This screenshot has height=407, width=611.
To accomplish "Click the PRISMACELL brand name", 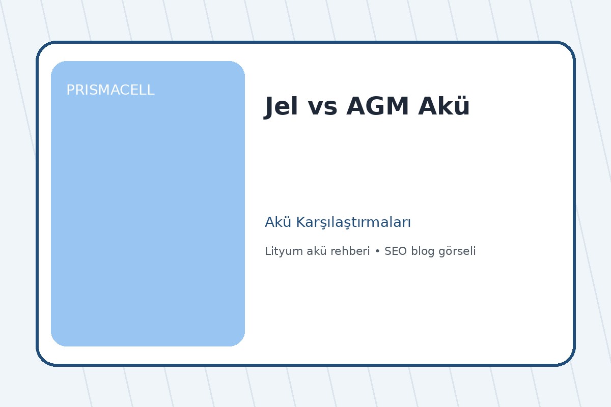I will click(110, 91).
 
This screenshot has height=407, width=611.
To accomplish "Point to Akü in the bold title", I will click(444, 107).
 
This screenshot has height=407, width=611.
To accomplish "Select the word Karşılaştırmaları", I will click(354, 223).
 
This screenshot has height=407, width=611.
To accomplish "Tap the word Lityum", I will click(282, 251).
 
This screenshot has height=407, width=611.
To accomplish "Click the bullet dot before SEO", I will click(377, 252).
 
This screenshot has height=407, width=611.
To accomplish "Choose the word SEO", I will click(395, 251).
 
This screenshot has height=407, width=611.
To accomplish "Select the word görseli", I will click(458, 252).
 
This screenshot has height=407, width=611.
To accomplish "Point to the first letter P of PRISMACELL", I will click(70, 91).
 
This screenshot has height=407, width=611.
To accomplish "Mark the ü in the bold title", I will click(461, 107).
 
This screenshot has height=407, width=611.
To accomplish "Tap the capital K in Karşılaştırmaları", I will click(301, 222).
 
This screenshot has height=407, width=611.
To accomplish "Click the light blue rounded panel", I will click(148, 214).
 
